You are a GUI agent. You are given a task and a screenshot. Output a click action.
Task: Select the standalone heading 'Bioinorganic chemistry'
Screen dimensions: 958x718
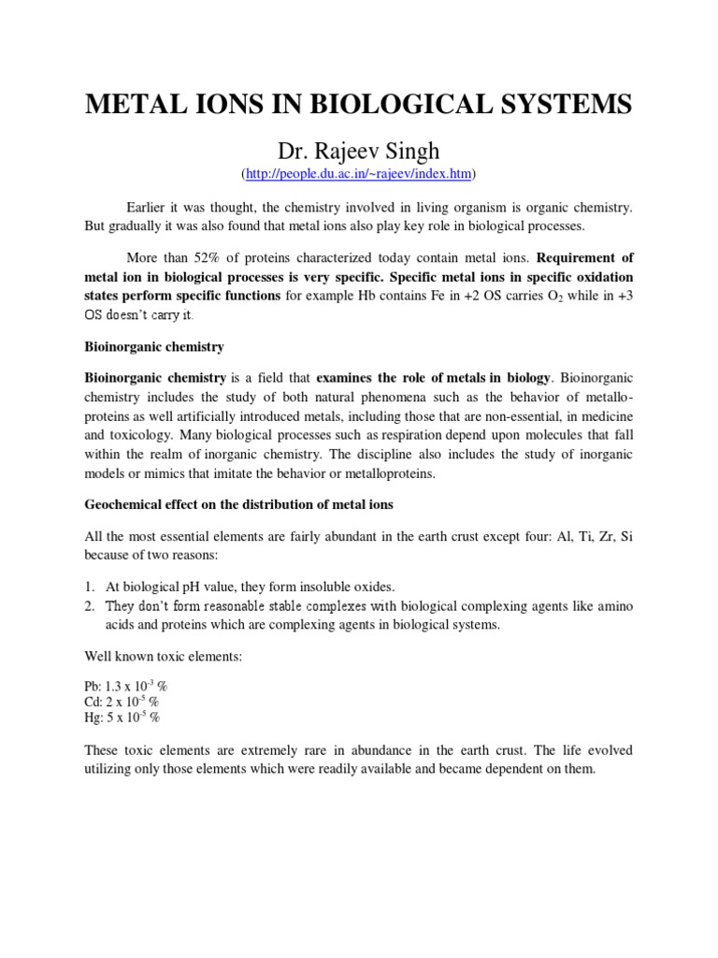[153, 346]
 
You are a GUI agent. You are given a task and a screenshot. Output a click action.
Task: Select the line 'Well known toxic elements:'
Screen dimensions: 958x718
[163, 657]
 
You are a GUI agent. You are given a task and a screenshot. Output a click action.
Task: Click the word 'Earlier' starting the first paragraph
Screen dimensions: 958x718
[148, 206]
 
